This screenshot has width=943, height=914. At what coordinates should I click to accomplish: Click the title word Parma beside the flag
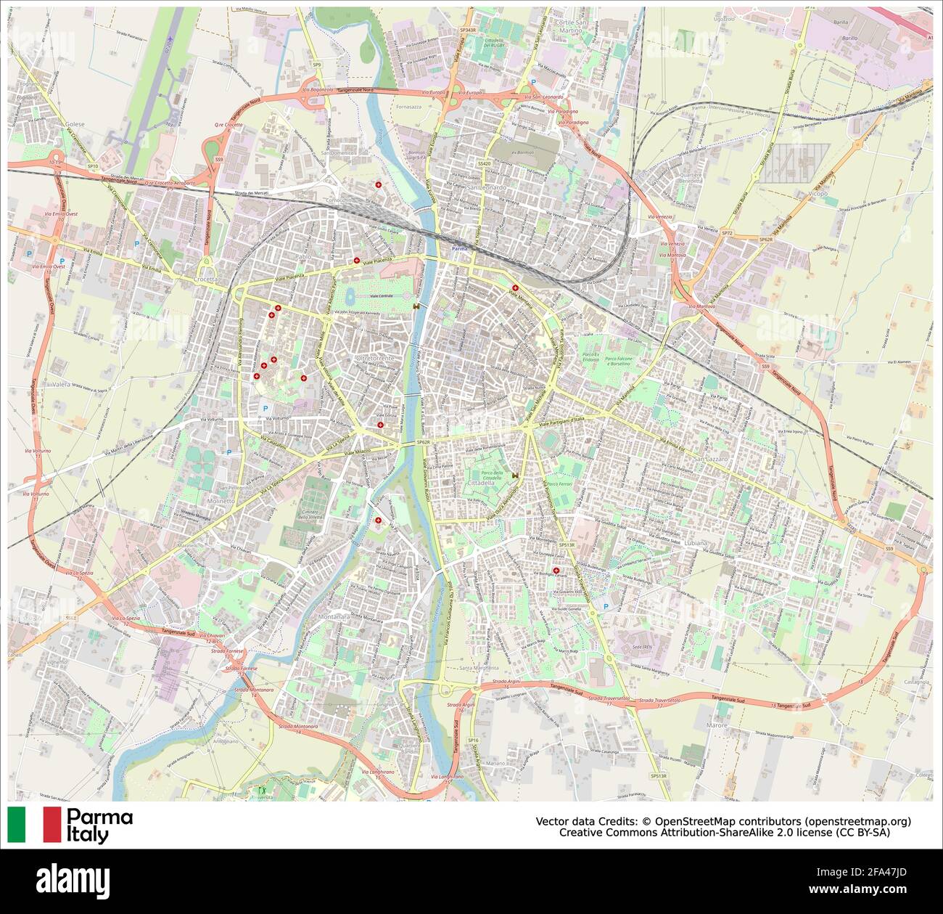(x=100, y=817)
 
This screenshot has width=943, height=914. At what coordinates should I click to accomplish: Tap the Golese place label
(x=75, y=124)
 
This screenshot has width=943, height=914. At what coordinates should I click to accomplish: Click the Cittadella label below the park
(x=482, y=482)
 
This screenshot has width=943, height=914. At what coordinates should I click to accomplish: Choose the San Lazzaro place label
(x=709, y=460)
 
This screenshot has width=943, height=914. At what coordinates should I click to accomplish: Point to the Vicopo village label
(x=818, y=194)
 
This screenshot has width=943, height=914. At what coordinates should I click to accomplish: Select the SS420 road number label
(x=484, y=164)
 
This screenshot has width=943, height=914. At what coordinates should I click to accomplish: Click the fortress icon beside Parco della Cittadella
(x=515, y=476)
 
